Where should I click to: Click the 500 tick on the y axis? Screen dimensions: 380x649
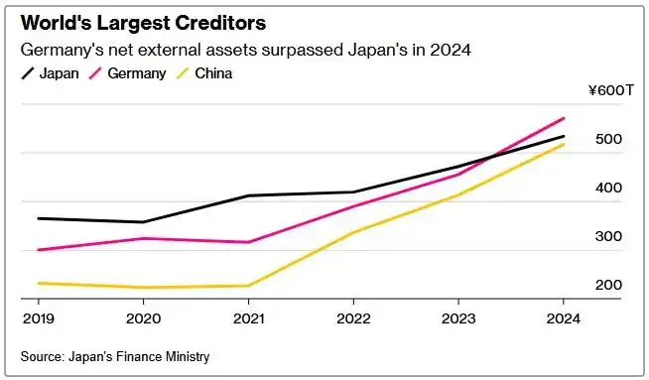point(608,139)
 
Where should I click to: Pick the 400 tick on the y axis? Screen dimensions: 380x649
point(608,188)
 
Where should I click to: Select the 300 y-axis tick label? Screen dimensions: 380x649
point(608,236)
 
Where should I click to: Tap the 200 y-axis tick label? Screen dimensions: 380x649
point(608,285)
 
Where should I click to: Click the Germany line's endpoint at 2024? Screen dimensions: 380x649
point(564,118)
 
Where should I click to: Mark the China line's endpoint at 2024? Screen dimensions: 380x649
point(564,145)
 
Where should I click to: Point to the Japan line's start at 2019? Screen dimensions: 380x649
point(38,218)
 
